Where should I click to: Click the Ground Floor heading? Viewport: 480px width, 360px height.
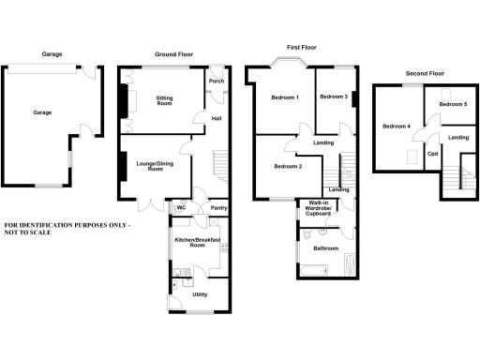[x=173, y=54]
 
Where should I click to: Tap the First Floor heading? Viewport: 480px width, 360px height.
[x=302, y=46]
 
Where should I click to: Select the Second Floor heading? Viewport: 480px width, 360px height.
[x=425, y=72]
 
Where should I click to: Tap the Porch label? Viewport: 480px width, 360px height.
[x=217, y=82]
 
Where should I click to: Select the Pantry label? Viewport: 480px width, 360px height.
[x=219, y=208]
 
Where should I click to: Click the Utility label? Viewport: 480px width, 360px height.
[x=200, y=294]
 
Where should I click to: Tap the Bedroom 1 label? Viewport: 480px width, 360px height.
[x=285, y=97]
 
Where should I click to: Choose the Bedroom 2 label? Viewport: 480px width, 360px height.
[x=288, y=167]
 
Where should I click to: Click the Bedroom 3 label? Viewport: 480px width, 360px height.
[x=333, y=97]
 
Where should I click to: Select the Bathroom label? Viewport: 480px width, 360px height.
[x=325, y=248]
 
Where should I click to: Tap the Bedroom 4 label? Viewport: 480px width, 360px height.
[x=397, y=125]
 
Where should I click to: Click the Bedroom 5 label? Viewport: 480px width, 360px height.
[x=453, y=103]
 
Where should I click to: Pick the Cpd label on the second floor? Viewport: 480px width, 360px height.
[x=433, y=153]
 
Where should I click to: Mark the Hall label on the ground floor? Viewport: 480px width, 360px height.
[x=217, y=118]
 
